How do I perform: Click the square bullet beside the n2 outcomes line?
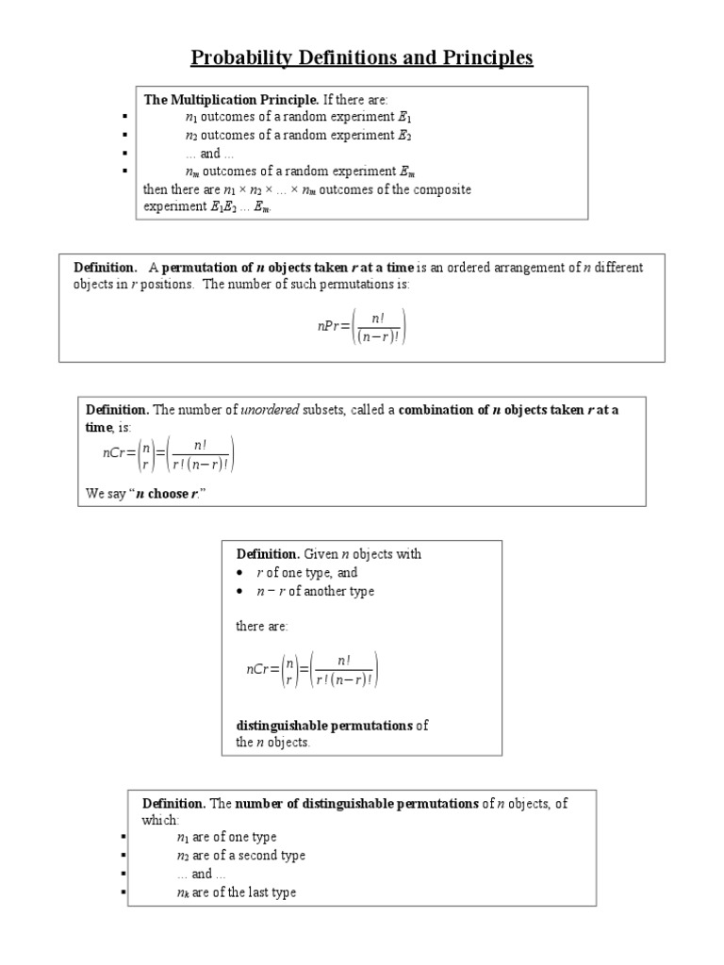click(x=123, y=136)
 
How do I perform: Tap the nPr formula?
click(x=362, y=325)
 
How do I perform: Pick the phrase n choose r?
click(x=169, y=495)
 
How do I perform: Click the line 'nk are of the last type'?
click(x=236, y=891)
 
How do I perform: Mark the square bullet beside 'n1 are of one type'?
click(x=123, y=838)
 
